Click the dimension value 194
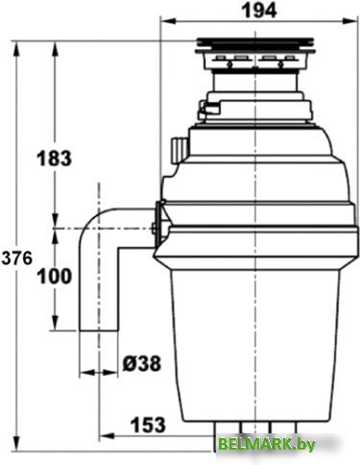point(259,11)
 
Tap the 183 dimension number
point(54,158)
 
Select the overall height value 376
point(17,257)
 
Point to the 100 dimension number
point(55,276)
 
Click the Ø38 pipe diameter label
point(142,363)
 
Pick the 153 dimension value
point(148,425)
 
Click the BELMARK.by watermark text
point(267,444)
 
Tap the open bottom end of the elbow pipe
point(99,330)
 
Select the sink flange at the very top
point(255,45)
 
